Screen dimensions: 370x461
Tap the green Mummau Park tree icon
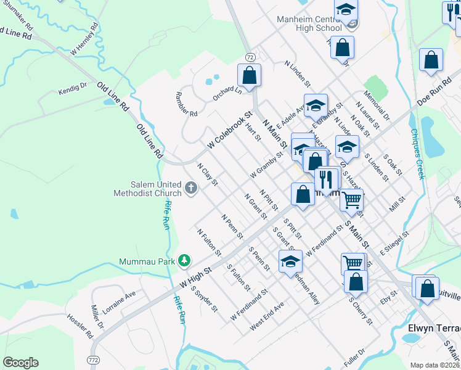coord(183,261)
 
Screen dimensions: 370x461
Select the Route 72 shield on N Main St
coord(250,57)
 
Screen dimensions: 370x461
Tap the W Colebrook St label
coord(230,129)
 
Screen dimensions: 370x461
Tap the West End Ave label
coord(267,316)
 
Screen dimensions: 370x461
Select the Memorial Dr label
coord(377,107)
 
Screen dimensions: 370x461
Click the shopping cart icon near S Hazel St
coord(351,199)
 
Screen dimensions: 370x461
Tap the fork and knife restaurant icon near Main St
coord(326,179)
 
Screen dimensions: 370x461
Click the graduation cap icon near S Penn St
coord(290,261)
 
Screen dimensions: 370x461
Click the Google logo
coord(20,363)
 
